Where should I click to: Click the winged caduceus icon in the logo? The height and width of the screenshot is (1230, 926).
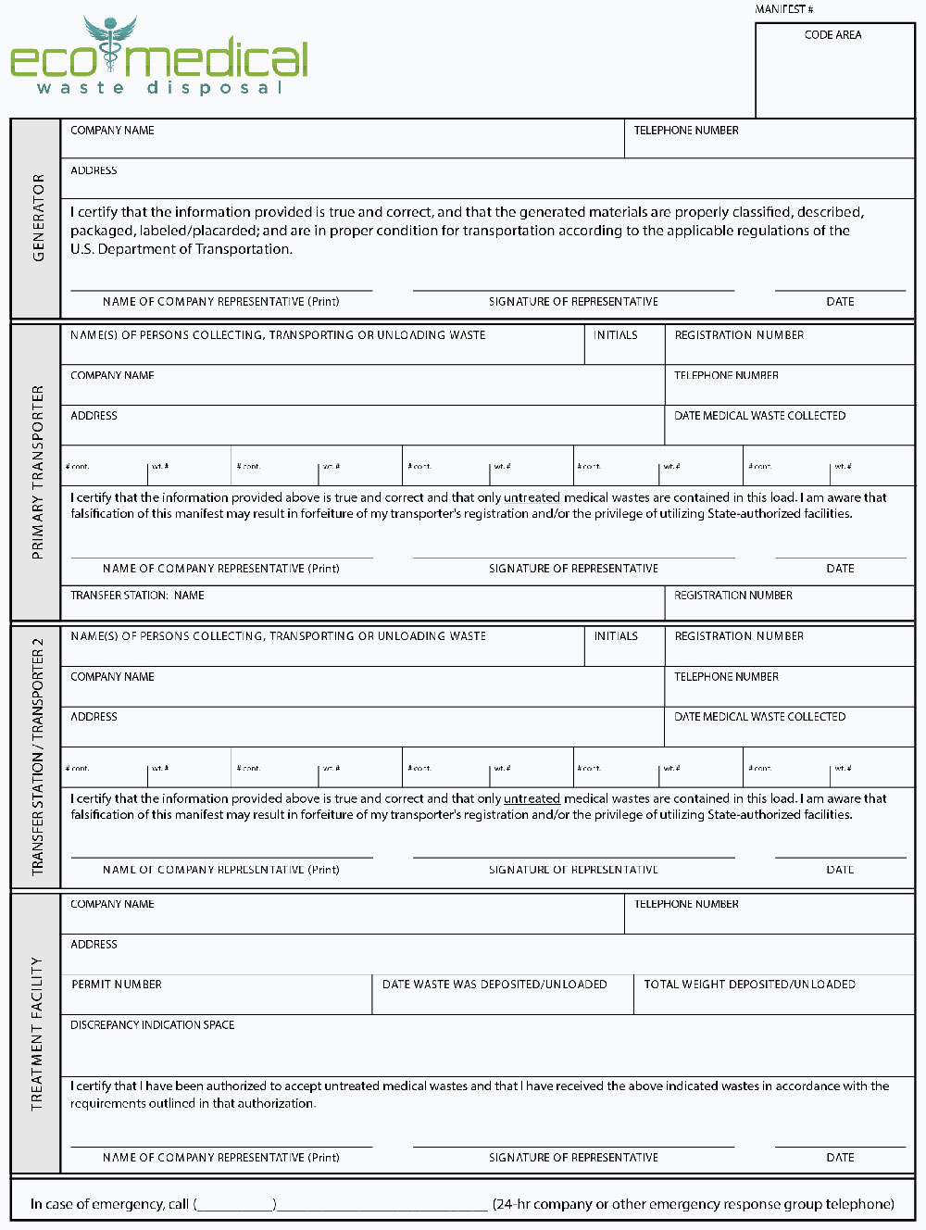coord(110,43)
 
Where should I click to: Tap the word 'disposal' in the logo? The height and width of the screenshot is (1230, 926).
coord(214,88)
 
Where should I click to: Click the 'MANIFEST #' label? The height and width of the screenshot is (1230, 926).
coord(784,9)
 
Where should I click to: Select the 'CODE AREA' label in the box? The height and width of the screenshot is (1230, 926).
coord(832,35)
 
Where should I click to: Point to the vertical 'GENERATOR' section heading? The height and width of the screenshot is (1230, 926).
coord(38,218)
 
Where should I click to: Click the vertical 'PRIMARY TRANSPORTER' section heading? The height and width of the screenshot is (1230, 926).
coord(38,471)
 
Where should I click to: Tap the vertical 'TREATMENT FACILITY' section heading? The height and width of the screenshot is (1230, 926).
coord(38,1033)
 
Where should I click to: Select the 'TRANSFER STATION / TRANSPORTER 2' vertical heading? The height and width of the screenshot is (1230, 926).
coord(38,756)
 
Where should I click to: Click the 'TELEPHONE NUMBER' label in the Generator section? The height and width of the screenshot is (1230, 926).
coord(686,131)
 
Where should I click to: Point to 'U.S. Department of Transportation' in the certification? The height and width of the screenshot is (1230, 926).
coord(181,249)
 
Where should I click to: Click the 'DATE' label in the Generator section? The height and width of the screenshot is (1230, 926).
coord(840,302)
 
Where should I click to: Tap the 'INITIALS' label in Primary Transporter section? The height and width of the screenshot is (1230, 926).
coord(616,335)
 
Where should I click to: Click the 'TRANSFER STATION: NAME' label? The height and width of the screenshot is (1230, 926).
coord(137,596)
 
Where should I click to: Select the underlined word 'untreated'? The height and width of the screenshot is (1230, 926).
coord(532,798)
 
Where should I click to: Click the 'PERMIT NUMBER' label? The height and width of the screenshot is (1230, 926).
coord(117,985)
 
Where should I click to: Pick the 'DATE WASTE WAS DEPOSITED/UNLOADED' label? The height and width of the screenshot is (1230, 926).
coord(494,985)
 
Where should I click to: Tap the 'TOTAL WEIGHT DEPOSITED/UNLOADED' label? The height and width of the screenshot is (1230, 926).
coord(749,985)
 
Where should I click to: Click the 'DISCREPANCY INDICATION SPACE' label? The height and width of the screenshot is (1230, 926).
coord(153,1025)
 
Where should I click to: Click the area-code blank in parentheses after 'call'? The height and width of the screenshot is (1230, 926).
coord(235,1204)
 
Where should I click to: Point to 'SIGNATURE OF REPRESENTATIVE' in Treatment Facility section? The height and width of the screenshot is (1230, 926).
coord(573,1158)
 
